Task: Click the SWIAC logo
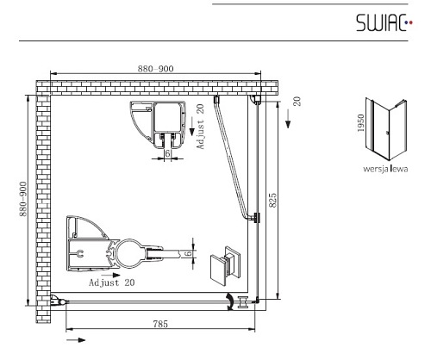384,22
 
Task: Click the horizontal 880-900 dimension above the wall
155,69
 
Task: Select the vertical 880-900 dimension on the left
22,199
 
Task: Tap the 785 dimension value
160,324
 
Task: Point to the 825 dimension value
273,200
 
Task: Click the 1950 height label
360,123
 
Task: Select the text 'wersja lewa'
385,169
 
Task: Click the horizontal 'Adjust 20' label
112,282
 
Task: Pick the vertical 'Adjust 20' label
200,127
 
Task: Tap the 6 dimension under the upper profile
168,153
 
